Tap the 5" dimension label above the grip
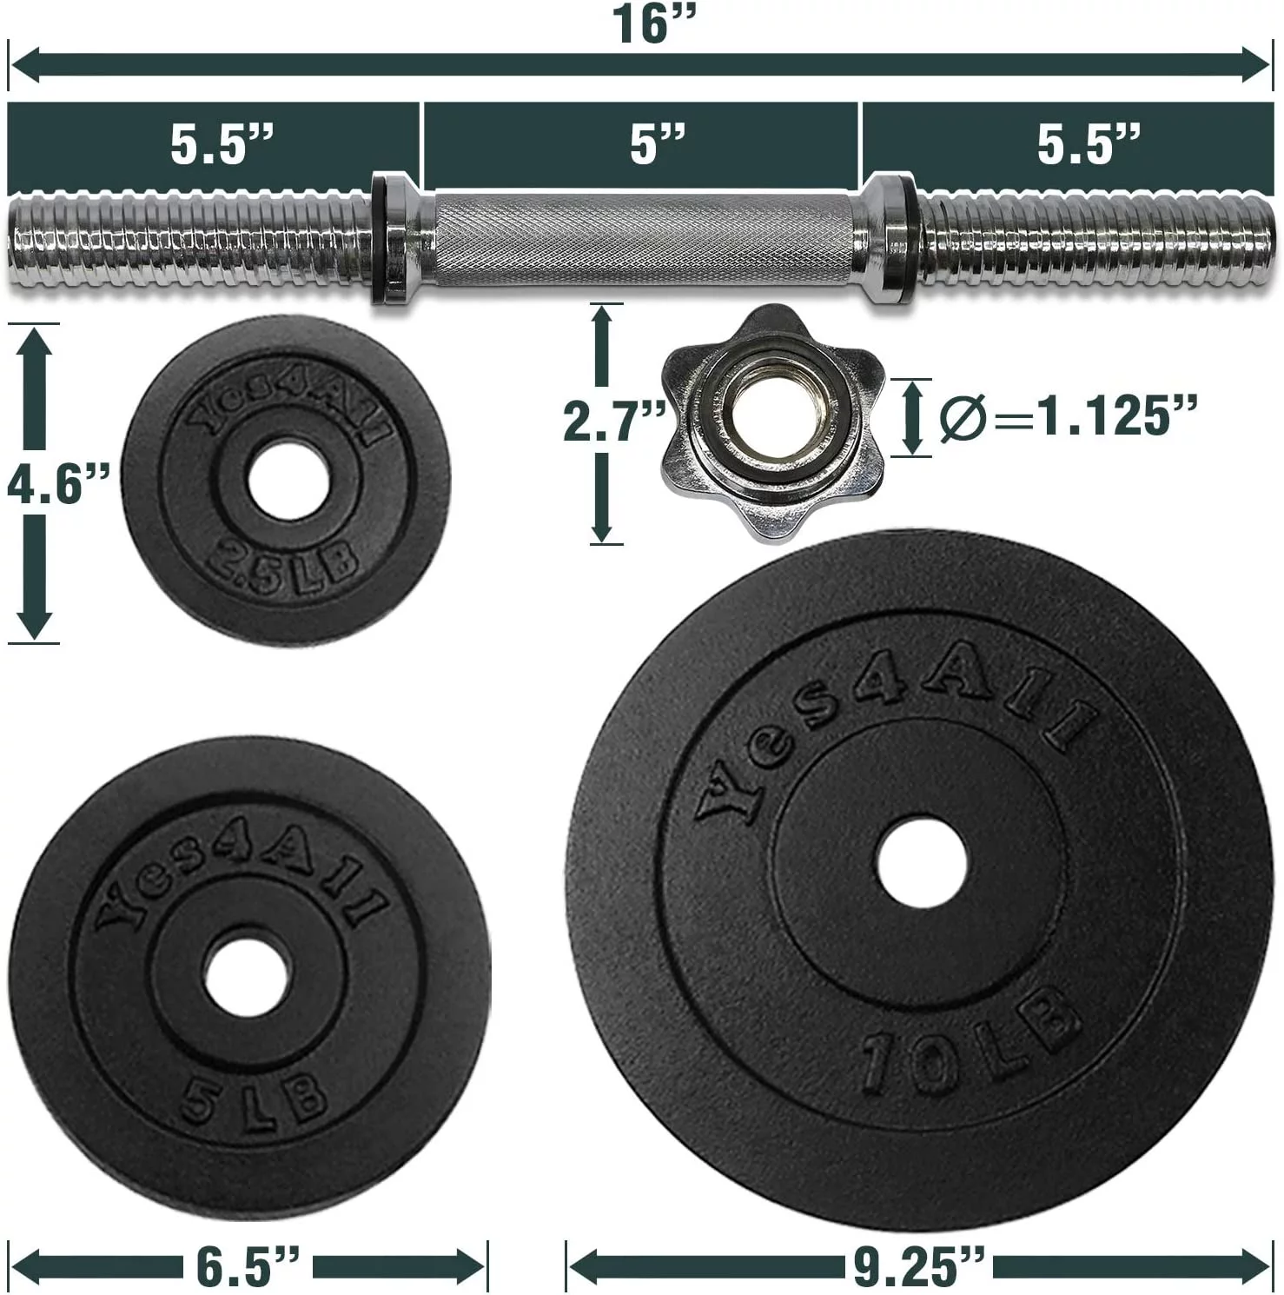[x=658, y=143]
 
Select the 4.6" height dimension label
[x=57, y=483]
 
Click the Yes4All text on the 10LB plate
[x=895, y=721]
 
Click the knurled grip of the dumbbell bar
[x=643, y=237]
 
